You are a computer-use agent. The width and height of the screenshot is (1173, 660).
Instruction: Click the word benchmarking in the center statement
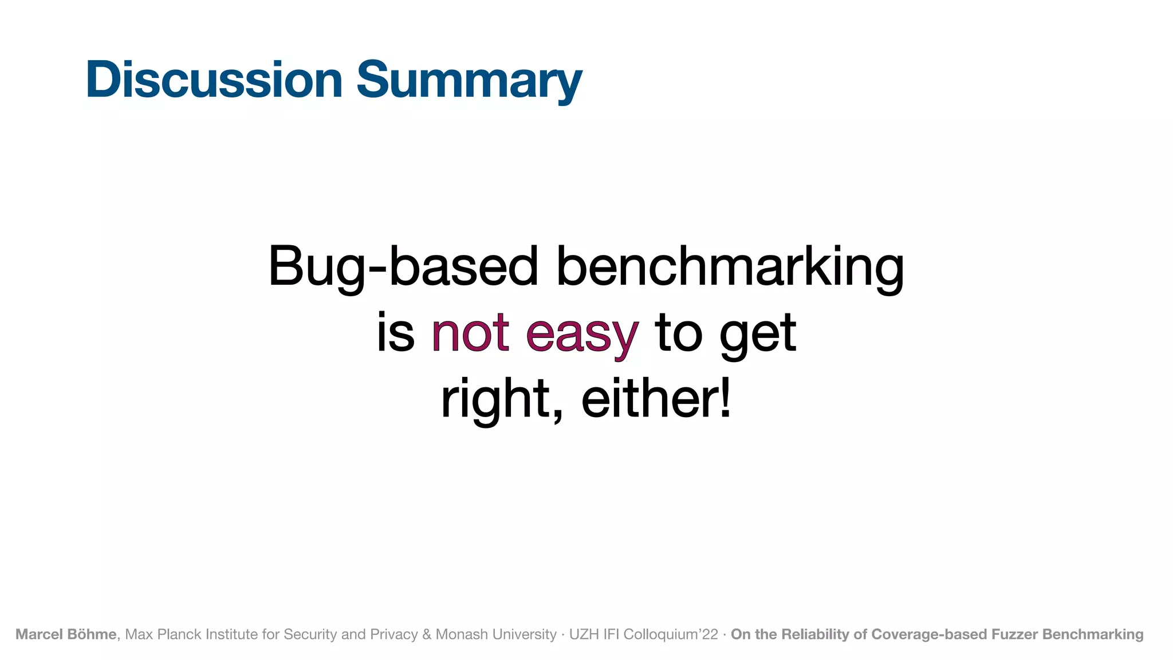point(730,266)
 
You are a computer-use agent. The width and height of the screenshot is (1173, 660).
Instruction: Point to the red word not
point(470,333)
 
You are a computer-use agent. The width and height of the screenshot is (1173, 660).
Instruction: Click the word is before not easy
point(395,333)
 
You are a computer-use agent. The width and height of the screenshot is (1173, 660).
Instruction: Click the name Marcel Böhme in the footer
point(66,634)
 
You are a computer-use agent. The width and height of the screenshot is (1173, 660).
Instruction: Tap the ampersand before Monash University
point(427,634)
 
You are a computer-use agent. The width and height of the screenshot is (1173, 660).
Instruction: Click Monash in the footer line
point(456,634)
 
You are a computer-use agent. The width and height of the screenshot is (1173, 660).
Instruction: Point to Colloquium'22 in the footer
point(671,634)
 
